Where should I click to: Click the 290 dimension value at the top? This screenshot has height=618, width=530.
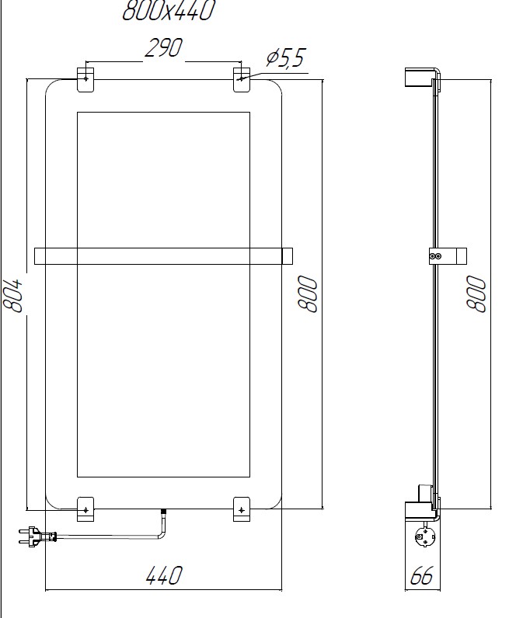(163, 48)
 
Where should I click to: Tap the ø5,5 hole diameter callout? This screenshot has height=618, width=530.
(286, 57)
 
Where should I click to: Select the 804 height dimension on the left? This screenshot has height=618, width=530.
(14, 295)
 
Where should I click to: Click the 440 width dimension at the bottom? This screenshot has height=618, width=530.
(164, 575)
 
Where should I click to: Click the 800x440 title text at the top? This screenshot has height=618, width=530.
(168, 11)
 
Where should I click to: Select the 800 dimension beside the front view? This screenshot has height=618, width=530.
(309, 294)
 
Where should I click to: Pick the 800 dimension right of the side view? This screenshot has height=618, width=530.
(476, 294)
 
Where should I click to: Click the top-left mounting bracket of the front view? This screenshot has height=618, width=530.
(85, 79)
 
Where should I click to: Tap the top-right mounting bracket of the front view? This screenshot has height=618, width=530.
(242, 79)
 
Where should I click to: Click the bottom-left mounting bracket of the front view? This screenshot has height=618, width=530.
(85, 509)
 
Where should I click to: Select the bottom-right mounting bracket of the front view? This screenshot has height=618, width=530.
(242, 509)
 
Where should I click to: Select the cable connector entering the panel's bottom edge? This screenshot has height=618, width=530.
(163, 513)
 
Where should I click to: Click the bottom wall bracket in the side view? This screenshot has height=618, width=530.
(420, 509)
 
